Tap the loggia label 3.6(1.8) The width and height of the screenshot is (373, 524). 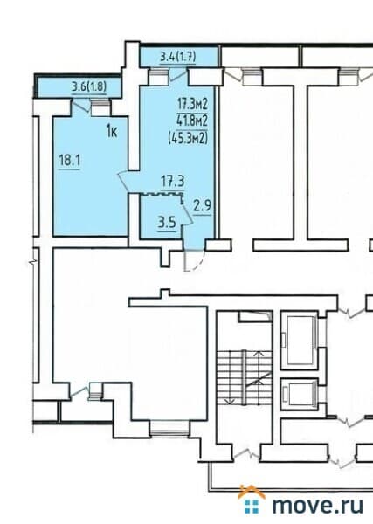[x=90, y=87]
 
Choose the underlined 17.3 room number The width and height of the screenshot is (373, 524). [x=171, y=183]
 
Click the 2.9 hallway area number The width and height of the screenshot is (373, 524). [x=202, y=207]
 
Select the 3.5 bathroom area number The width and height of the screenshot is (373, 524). [x=167, y=222]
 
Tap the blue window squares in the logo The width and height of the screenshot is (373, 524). [x=252, y=507]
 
